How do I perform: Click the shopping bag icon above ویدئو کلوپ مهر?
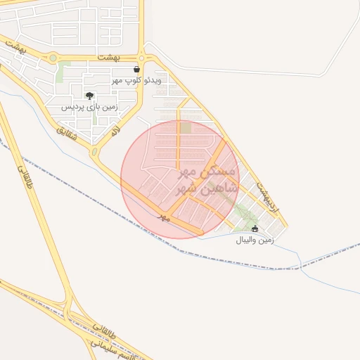(136, 70)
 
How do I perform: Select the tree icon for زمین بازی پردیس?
(89, 96)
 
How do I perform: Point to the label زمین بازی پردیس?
(89, 108)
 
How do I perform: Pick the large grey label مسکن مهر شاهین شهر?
(209, 181)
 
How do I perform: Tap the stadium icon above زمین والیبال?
(255, 229)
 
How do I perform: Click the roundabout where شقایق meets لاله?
(94, 150)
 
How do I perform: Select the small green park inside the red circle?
(186, 127)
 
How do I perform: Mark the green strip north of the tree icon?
(65, 70)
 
